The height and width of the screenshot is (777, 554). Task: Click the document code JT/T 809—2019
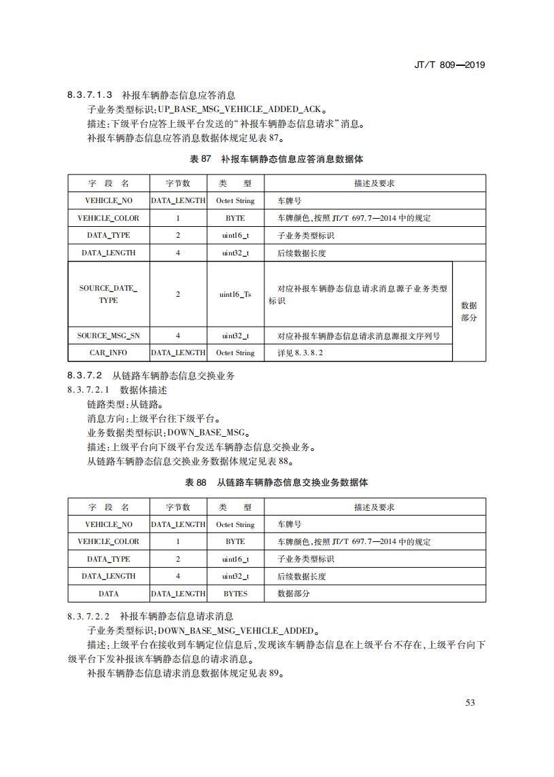449,65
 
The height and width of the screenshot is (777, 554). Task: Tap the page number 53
470,702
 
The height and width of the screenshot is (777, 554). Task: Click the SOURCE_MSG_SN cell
108,336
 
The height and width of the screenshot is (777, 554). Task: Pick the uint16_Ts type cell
235,294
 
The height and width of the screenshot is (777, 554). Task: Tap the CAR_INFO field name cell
108,353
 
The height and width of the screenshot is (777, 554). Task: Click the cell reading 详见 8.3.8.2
300,353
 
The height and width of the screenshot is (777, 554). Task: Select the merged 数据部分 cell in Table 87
469,312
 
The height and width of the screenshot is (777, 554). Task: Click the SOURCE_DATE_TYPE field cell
108,294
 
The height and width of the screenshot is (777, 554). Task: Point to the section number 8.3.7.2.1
90,390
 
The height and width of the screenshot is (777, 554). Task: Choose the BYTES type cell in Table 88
235,594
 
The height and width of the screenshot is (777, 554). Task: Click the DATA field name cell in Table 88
108,594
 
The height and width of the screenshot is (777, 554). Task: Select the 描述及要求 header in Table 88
374,507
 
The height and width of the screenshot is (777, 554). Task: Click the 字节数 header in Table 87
178,183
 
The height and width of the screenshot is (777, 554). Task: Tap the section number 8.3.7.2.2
90,616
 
